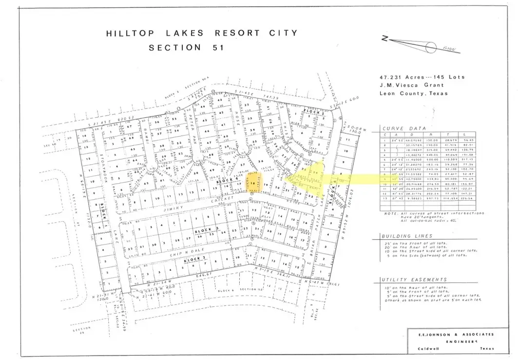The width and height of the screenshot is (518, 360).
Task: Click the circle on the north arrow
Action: tap(431, 47)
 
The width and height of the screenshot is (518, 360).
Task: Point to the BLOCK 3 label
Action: tap(204, 229)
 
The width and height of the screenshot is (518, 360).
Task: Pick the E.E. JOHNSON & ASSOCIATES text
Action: tap(451, 334)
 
